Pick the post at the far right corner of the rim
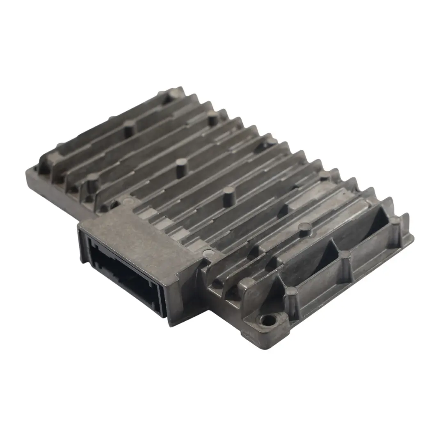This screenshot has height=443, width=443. (395, 221)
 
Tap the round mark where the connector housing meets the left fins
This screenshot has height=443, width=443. (128, 201)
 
